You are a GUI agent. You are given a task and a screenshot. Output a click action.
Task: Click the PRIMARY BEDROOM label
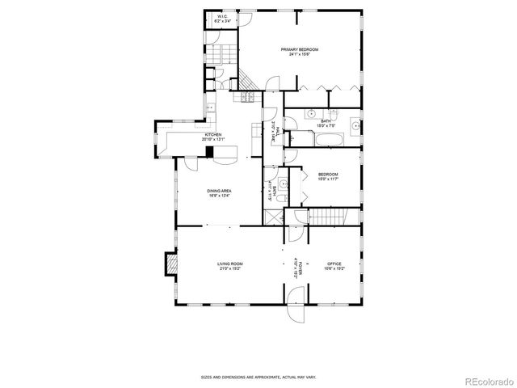click(x=301, y=50)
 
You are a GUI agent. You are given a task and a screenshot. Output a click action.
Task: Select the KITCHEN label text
click(x=212, y=134)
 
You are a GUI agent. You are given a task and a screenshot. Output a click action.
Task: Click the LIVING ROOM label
click(x=229, y=264)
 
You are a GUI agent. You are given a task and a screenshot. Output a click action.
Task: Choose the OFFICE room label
click(x=334, y=264)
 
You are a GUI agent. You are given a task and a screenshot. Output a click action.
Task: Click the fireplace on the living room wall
click(x=171, y=265)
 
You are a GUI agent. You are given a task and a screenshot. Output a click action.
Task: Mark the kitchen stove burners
click(x=243, y=98)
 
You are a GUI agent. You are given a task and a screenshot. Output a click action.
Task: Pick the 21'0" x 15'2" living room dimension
click(x=229, y=269)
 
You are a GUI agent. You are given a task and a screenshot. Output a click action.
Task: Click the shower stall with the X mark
click(x=272, y=217)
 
